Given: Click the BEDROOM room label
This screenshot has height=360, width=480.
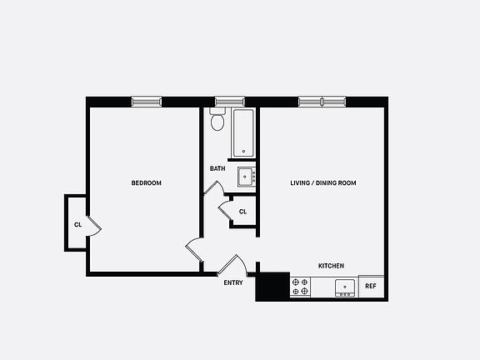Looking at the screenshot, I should point(146,183).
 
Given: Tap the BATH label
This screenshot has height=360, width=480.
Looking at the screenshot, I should point(217,169).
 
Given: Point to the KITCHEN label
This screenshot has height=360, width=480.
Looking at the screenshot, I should point(331,266).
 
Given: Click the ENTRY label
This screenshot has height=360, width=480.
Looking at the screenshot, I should point(233,283).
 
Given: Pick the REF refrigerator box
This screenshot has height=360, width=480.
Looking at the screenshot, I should point(371,287).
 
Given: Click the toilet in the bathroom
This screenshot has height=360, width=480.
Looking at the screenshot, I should point(217,121).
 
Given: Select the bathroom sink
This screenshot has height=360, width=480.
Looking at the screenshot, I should point(246,177).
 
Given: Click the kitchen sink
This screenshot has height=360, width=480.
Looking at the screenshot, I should point(345,288).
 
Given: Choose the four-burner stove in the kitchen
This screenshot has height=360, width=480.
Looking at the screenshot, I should point(300,287).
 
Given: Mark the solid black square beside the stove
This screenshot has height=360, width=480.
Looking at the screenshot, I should point(272,287).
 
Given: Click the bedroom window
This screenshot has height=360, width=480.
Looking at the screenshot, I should point(147,102).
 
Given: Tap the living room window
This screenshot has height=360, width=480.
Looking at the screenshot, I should point(322,102).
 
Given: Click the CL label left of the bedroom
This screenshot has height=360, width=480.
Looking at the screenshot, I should point(77,225).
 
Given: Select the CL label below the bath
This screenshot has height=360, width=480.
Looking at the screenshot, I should point(242,212).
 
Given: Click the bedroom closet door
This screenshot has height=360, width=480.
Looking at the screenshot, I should point(93,224).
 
